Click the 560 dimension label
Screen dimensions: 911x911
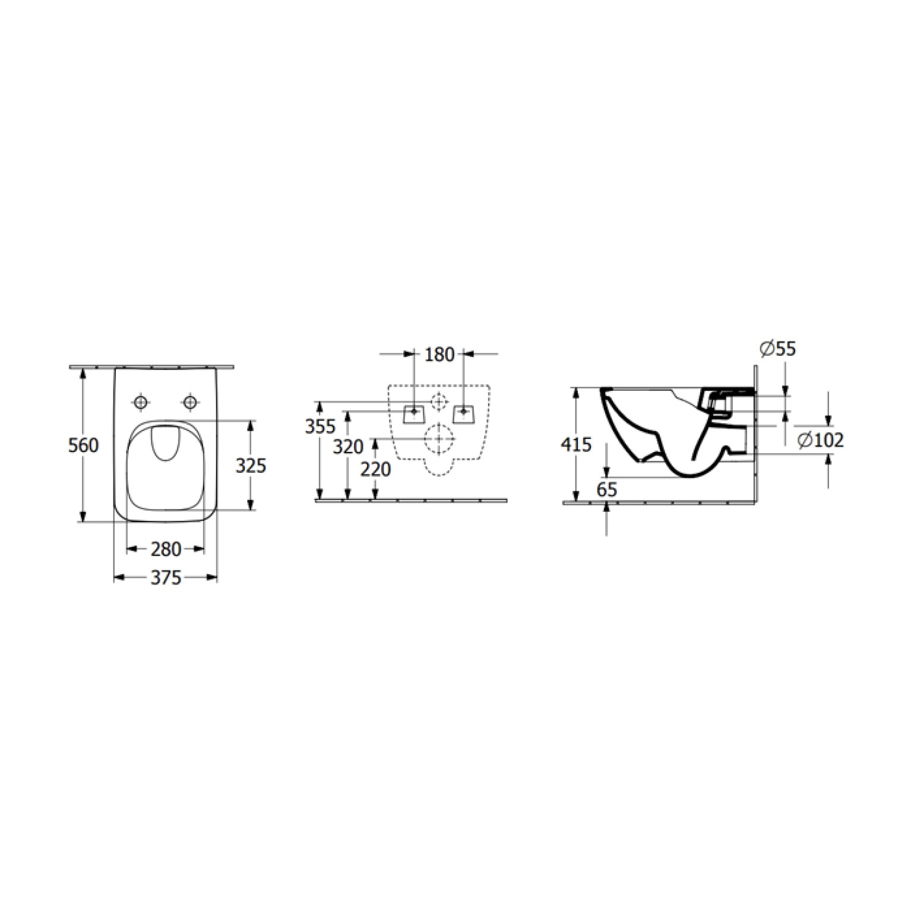[83, 445]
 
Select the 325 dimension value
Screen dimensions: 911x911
[251, 466]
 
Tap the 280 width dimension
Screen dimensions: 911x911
[165, 549]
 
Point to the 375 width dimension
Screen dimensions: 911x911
[165, 577]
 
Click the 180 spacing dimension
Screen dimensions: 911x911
[439, 355]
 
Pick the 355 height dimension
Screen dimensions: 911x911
[321, 426]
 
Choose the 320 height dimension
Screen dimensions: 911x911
[348, 447]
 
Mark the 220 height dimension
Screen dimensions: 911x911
[376, 469]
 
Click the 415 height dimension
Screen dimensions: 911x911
[577, 444]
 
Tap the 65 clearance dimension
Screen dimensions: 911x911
[606, 489]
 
